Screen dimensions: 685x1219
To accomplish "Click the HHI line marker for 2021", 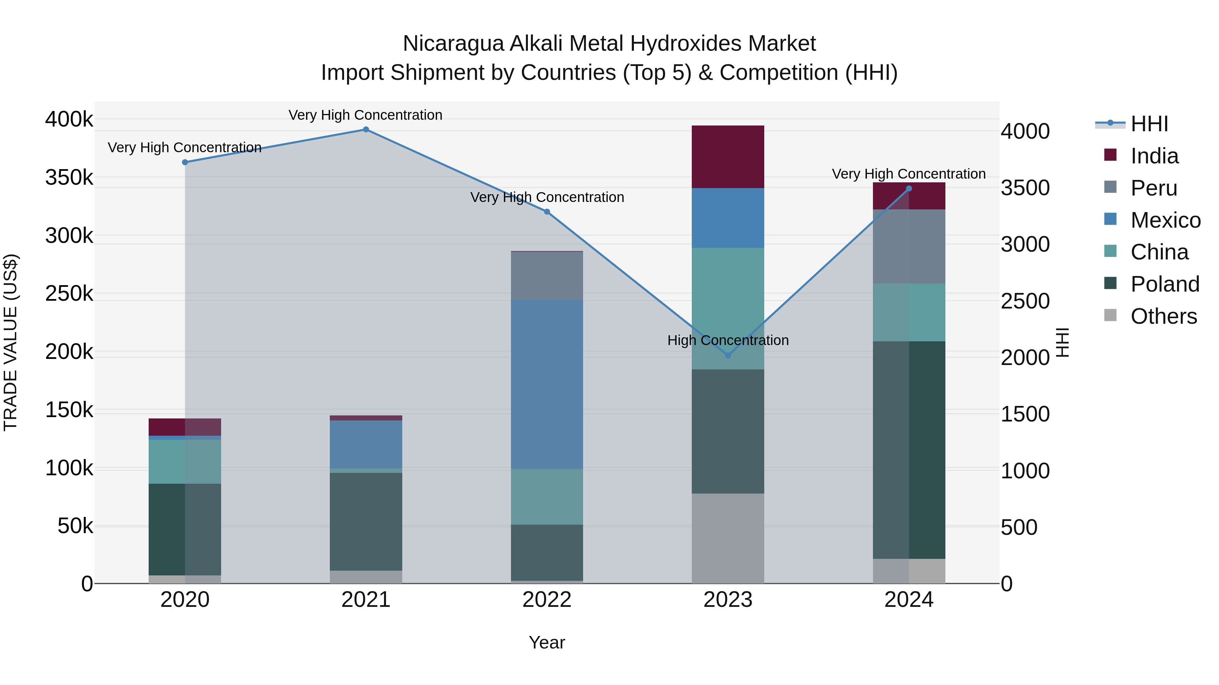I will [366, 130].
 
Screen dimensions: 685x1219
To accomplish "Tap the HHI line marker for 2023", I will [728, 356].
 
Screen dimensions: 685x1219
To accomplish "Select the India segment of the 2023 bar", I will [728, 157].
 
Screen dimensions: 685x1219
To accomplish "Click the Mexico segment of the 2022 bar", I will [547, 384].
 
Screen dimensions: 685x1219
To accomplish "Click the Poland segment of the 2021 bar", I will [366, 521].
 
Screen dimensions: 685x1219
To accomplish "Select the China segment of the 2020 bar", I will [185, 461].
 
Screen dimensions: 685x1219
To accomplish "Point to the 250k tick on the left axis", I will [69, 294].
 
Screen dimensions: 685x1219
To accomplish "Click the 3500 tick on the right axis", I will [1025, 188].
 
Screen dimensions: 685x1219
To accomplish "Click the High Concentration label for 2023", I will [728, 340].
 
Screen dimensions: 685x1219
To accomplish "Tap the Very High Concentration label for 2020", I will [185, 147].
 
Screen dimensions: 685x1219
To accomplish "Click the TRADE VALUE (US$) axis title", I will [10, 342].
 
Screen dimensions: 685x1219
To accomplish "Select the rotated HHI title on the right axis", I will [1062, 342].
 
